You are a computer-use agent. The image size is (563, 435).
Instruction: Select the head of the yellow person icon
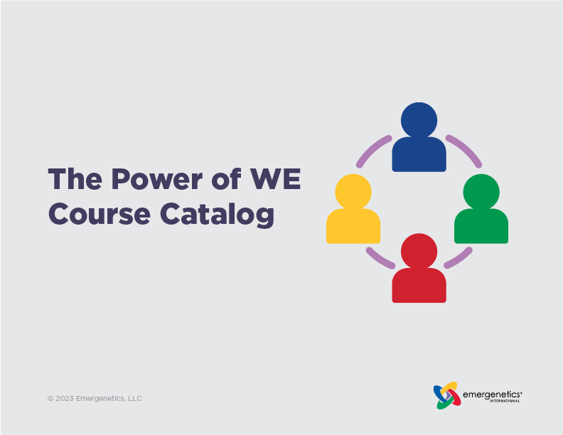point(353,191)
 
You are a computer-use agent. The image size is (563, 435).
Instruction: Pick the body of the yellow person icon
point(353,227)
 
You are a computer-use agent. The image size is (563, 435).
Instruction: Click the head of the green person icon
point(481,191)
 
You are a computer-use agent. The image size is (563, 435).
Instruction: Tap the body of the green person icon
point(481,227)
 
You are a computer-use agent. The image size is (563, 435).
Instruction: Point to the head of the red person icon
point(419,250)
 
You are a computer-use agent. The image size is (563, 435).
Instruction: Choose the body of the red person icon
point(419,286)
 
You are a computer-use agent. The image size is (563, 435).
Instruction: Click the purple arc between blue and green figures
point(465,149)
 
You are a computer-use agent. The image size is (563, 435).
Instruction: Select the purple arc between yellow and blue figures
point(372,150)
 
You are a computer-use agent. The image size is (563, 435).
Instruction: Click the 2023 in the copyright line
point(66,399)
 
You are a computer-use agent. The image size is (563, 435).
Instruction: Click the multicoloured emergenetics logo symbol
point(446,396)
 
